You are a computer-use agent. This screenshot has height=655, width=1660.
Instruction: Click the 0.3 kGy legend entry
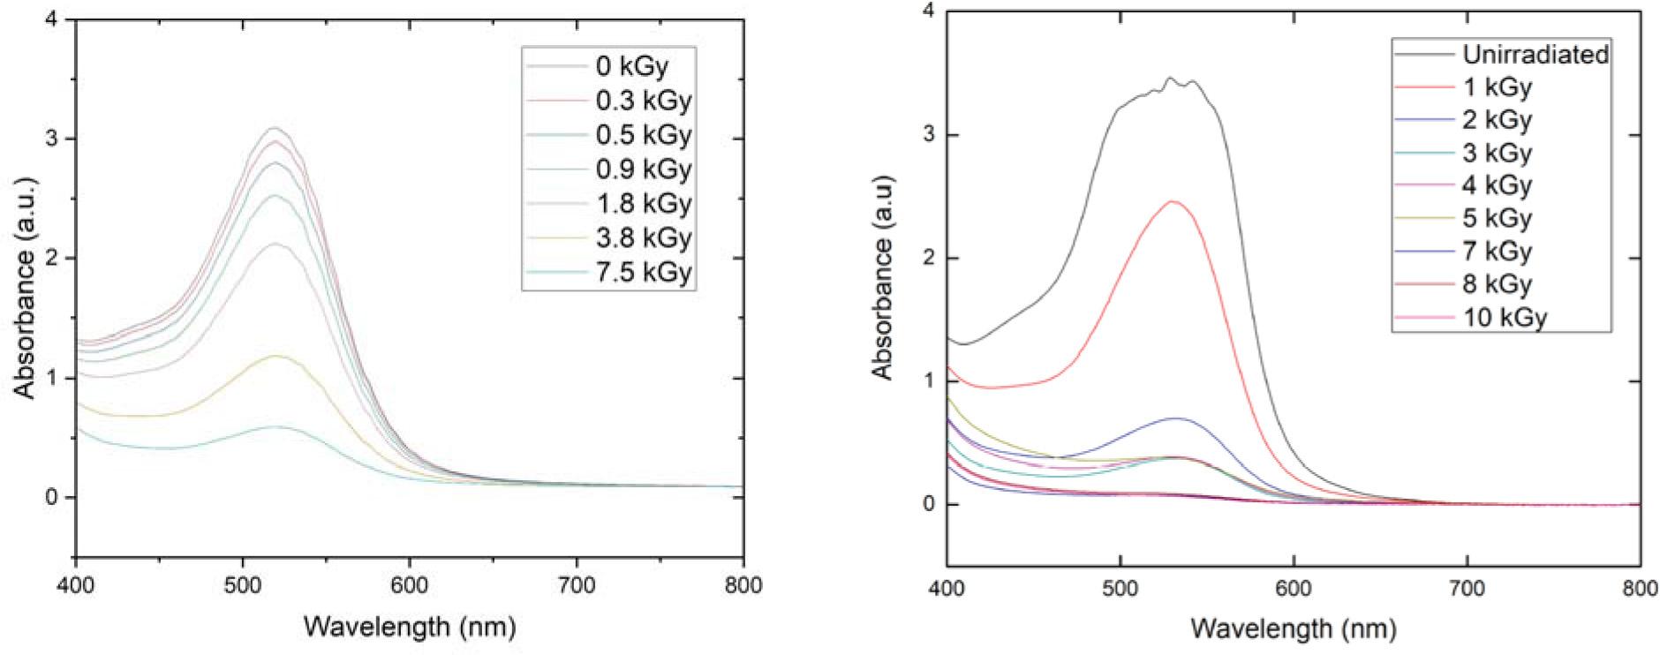643,101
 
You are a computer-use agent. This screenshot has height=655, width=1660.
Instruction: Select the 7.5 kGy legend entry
643,272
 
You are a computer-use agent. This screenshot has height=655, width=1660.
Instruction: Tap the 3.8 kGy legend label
643,237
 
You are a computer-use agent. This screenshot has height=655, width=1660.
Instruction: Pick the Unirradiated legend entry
1535,55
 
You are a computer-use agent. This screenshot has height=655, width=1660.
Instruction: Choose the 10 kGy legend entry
1505,317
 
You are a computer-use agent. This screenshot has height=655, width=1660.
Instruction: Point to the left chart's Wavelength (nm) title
410,627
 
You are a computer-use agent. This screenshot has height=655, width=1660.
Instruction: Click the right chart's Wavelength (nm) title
1294,629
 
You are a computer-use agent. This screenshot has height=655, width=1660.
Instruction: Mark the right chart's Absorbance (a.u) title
884,277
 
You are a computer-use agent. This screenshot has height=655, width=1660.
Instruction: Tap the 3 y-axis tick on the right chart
926,135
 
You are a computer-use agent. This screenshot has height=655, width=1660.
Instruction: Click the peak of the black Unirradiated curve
1171,78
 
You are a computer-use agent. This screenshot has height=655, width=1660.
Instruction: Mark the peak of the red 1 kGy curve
1173,201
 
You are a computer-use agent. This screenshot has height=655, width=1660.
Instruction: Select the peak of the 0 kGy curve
275,128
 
